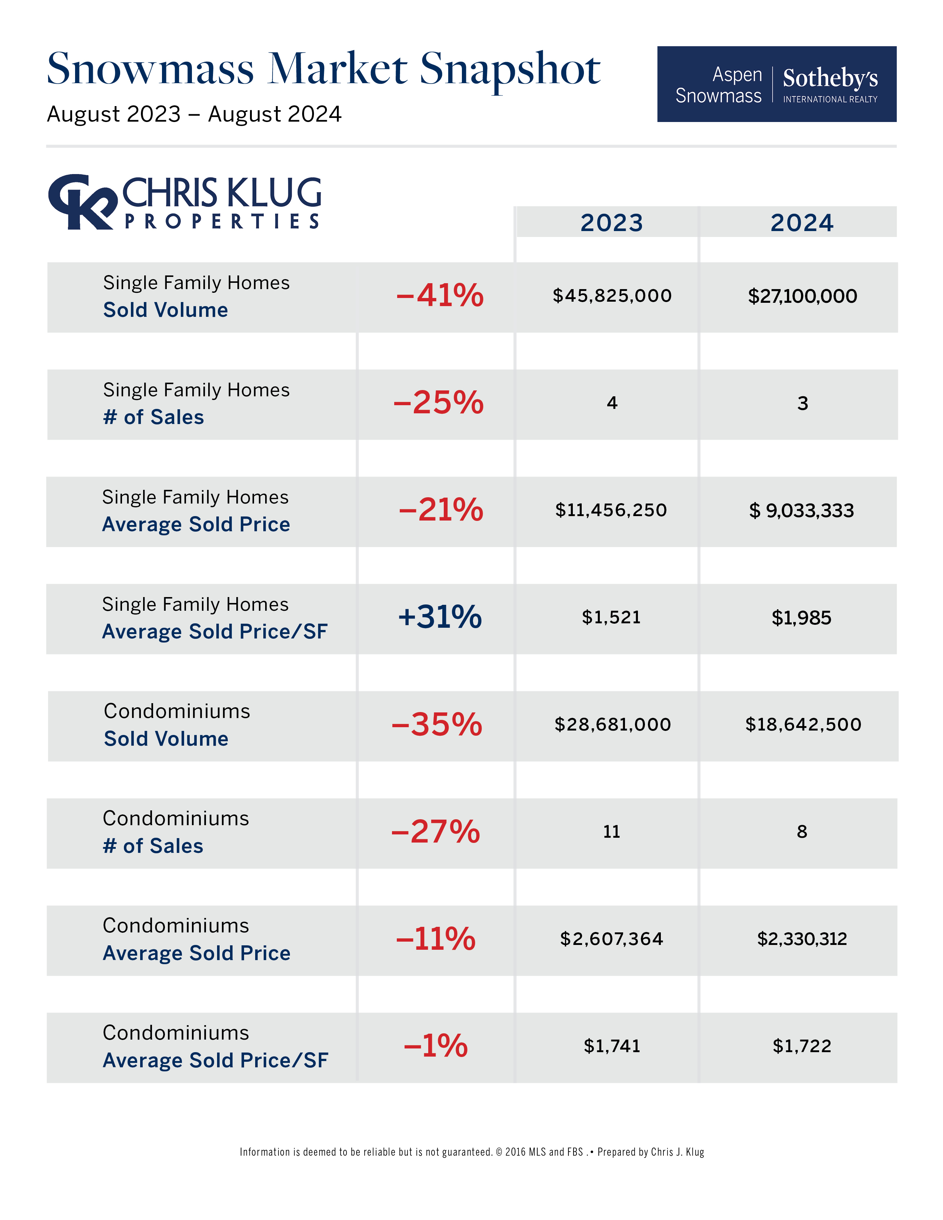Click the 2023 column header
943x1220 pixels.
click(612, 222)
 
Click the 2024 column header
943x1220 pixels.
click(802, 222)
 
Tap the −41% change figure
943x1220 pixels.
click(440, 295)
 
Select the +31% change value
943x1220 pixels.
click(440, 617)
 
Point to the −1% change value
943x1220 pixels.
click(436, 1046)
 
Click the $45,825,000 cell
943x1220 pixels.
click(612, 295)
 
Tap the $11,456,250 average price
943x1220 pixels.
click(611, 510)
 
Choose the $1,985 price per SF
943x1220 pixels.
click(802, 618)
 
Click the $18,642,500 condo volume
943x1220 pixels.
click(803, 725)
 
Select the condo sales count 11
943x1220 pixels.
click(612, 832)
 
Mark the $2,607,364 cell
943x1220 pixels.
click(612, 939)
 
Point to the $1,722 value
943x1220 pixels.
click(802, 1046)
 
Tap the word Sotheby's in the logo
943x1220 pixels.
click(830, 78)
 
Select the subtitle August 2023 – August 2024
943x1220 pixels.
click(194, 115)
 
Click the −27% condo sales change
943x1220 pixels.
click(436, 832)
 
